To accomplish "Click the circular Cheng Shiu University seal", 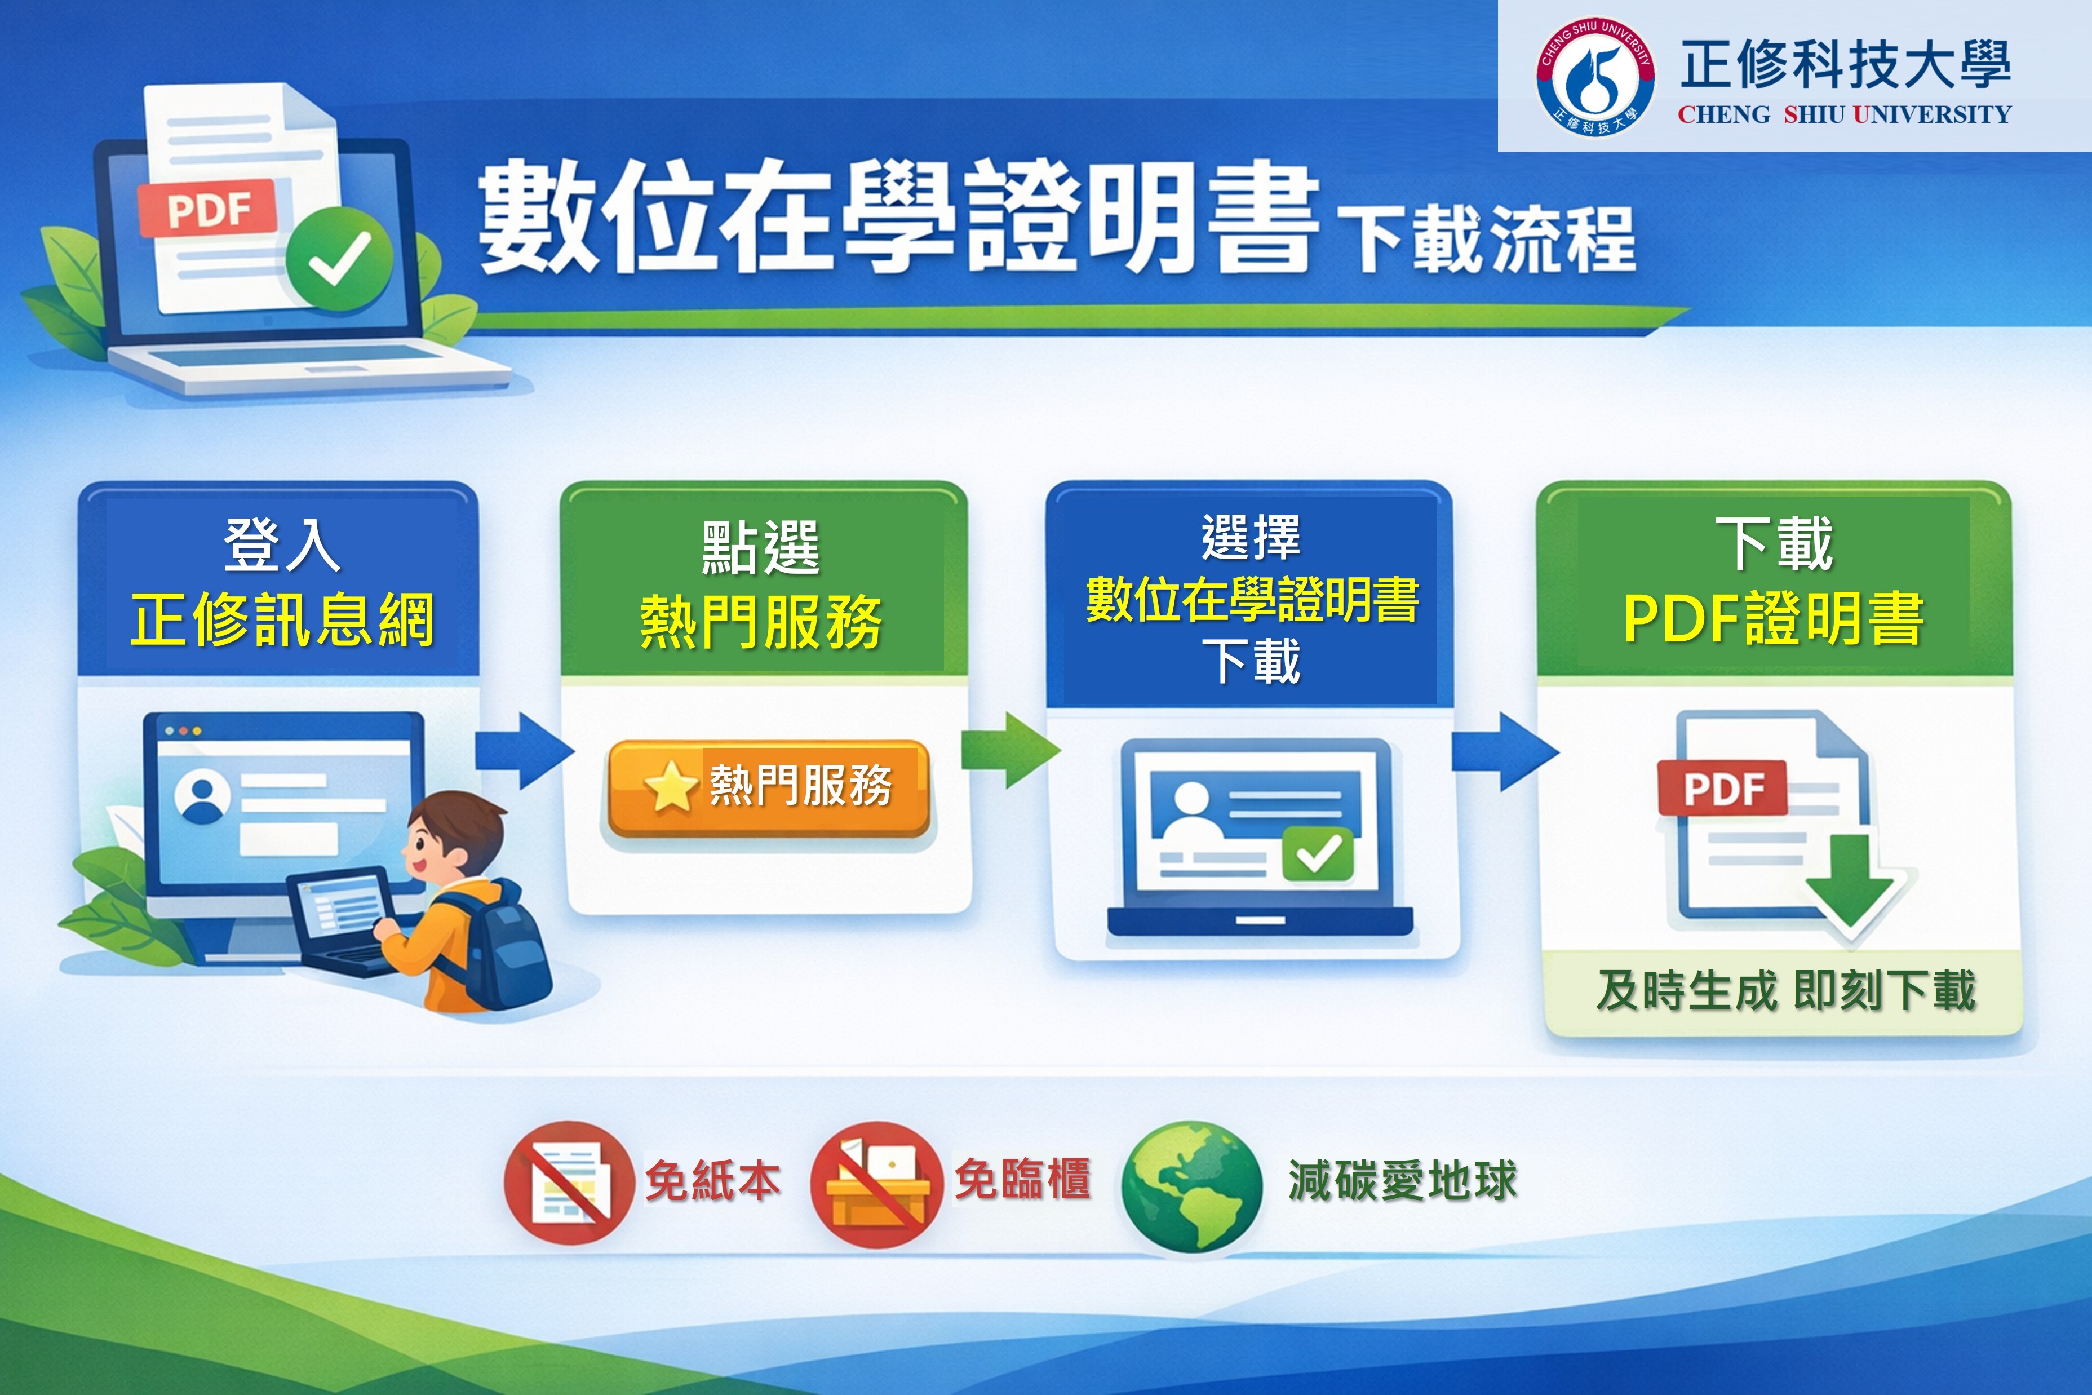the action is point(1595,77).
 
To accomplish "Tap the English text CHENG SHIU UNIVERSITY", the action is point(1844,115).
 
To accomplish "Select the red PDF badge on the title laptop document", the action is point(207,209).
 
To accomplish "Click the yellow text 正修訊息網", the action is point(282,619).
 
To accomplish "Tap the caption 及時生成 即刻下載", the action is point(1785,990).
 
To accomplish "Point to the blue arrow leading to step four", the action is point(1505,750).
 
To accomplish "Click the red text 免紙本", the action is point(712,1181).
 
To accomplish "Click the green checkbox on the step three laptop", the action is point(1317,855).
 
